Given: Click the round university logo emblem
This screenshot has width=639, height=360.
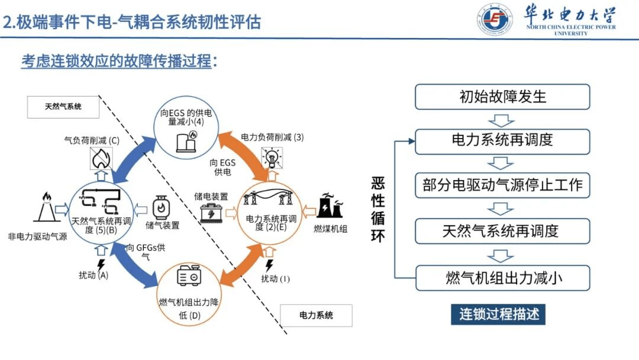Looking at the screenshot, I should coord(494,20).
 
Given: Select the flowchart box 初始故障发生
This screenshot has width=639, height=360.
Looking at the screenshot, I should coord(502,97).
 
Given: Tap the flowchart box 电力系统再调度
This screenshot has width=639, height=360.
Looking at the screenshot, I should coord(502,140).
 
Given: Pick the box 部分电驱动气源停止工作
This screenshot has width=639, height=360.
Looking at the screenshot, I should coord(502,185).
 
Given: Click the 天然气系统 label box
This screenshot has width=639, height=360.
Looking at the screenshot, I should coord(63,107).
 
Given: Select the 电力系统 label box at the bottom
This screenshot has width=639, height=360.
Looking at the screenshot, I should coord(315,315).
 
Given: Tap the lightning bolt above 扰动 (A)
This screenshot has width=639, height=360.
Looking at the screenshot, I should coord(101,265).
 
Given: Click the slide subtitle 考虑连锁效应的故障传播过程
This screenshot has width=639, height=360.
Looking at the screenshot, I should coord(117,60).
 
